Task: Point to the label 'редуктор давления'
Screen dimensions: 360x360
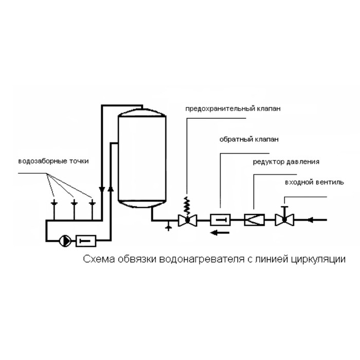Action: click(x=285, y=161)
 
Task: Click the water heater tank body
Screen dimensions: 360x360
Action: click(x=141, y=157)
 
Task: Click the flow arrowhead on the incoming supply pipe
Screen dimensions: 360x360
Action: click(x=311, y=220)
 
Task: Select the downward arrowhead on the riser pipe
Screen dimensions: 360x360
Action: click(x=102, y=189)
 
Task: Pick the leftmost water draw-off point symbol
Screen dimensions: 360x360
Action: click(x=54, y=204)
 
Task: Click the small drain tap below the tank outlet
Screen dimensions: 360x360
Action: click(x=168, y=225)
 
